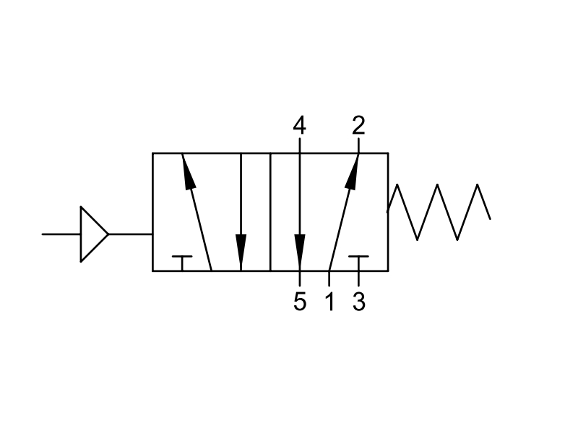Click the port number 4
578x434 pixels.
point(299,125)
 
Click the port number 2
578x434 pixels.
point(358,125)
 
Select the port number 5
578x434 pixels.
point(300,302)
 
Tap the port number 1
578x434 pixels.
point(330,302)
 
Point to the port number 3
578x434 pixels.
point(358,302)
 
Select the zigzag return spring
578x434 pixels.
point(439,212)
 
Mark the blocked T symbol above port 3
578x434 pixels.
point(358,263)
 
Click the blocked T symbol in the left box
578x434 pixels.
point(182,263)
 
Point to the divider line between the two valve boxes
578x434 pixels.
point(270,212)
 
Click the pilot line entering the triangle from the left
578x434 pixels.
point(61,234)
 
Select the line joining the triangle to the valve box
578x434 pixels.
point(131,234)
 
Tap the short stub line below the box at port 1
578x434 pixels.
point(329,278)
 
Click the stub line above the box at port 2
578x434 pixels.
point(358,145)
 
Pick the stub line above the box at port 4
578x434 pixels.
point(300,145)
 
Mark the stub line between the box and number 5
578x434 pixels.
point(300,278)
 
